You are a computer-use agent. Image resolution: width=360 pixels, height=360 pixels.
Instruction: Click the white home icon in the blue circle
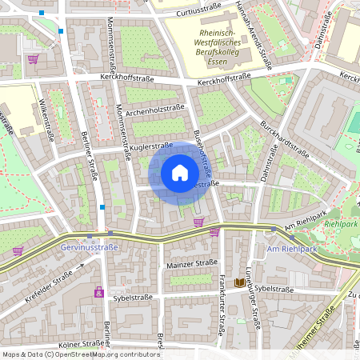[180, 173]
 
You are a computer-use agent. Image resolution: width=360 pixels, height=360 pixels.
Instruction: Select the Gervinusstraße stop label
[89, 247]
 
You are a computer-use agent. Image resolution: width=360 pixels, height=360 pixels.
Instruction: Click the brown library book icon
[240, 282]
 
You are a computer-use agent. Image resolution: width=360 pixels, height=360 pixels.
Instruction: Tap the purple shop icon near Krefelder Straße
[99, 292]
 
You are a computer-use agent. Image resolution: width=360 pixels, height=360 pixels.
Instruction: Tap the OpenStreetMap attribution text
[80, 354]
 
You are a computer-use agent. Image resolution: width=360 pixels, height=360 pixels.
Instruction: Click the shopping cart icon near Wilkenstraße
[33, 58]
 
